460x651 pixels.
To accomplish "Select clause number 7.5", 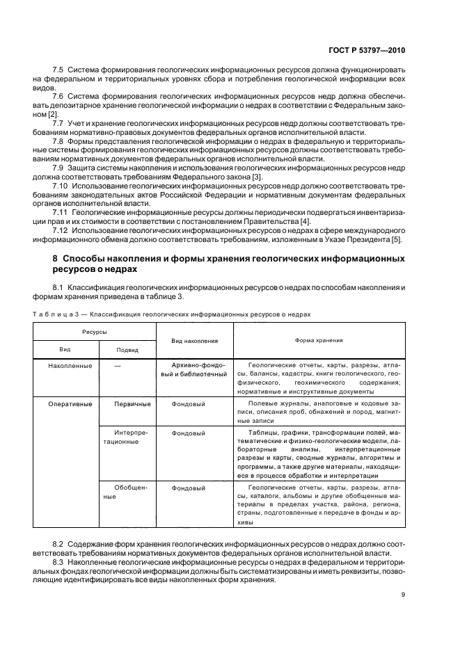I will click(59, 72).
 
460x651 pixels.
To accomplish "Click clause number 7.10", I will click(61, 188).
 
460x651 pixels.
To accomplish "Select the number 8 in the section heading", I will click(56, 259).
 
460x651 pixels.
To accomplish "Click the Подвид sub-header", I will click(127, 350).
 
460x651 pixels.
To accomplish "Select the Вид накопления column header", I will click(194, 341).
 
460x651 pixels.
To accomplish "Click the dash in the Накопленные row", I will click(118, 365).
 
